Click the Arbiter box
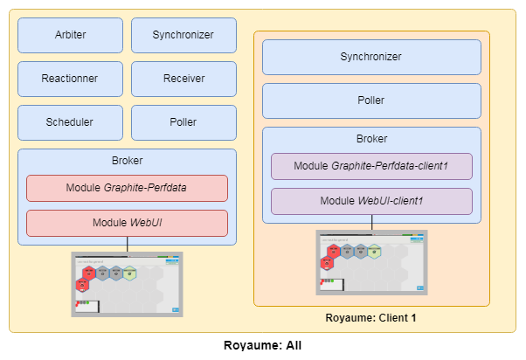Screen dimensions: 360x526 coord(70,35)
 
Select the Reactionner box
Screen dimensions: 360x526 coord(70,79)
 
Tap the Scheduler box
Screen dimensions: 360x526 coord(70,122)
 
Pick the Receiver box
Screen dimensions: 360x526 coord(183,79)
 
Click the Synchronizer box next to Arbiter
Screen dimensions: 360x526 coord(183,35)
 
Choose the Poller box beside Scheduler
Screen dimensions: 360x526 coord(183,122)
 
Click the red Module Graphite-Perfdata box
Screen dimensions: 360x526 coord(127,188)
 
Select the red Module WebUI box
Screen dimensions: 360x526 coord(127,223)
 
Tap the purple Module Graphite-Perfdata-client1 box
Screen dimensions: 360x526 coord(371,166)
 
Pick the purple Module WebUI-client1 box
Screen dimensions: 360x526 coord(371,201)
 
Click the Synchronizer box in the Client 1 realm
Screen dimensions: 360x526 coord(371,57)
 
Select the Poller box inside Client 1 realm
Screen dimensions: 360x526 coord(371,100)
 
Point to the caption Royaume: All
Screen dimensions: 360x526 coord(262,345)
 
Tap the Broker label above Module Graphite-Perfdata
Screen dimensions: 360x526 coord(128,161)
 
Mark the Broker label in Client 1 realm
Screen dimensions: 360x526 coord(371,139)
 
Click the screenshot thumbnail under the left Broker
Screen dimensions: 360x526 coord(128,284)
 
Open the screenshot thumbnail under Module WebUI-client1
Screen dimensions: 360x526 coord(371,263)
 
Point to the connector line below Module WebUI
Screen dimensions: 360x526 coord(128,244)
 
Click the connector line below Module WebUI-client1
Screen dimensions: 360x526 coord(372,223)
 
